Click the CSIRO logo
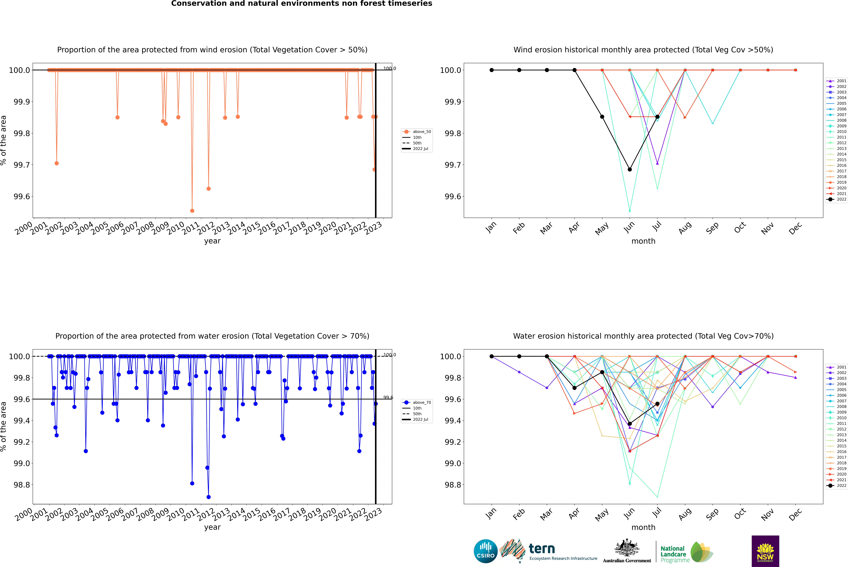coord(485,551)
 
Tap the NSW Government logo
coord(765,551)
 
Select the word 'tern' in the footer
coord(541,549)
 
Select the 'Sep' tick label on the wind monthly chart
coord(712,228)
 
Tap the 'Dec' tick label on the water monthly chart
coord(795,514)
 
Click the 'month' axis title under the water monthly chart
coord(643,527)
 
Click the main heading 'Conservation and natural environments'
coord(302,4)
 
